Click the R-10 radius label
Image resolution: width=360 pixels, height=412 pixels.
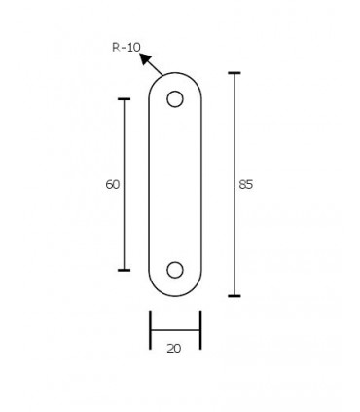pos(126,48)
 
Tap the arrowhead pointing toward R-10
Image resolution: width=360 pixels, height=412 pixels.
pos(146,58)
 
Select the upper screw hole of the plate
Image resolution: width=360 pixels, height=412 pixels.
pos(175,99)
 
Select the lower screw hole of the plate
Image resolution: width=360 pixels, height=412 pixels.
pos(175,270)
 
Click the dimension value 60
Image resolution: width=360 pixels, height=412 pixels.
pos(113,185)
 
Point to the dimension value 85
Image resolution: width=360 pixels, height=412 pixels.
pos(245,185)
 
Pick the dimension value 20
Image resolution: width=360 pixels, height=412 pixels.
pos(174,349)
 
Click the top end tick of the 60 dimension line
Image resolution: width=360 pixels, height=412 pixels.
pos(124,99)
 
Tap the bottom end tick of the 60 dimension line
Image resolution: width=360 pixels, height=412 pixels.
pos(124,270)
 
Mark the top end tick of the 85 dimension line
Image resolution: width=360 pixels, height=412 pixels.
pos(234,73)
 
